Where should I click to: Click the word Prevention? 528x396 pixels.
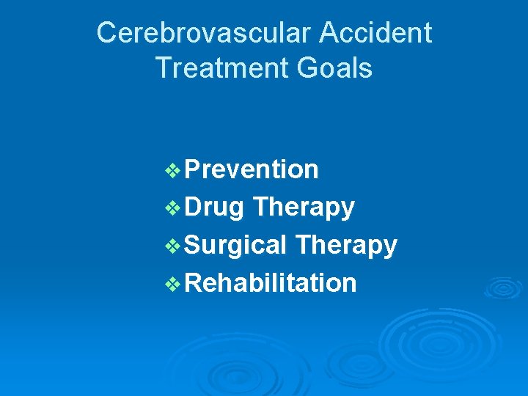[252, 169]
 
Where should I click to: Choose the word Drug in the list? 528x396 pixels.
[214, 208]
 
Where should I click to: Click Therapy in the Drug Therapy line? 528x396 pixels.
[303, 208]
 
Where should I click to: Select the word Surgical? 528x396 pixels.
[235, 246]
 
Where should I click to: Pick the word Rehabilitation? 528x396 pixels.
[271, 282]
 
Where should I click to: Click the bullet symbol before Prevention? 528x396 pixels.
[174, 171]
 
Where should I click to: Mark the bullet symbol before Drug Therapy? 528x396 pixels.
[174, 208]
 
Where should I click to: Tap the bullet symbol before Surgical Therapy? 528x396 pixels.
[174, 246]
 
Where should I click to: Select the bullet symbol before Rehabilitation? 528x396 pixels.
[174, 284]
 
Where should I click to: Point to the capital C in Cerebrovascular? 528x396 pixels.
[107, 33]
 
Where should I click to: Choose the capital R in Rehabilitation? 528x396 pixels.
[194, 282]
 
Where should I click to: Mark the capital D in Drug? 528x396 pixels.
[194, 208]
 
